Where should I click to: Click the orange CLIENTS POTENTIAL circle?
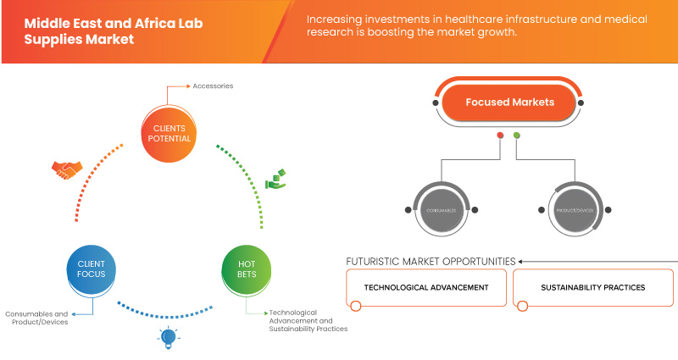click(x=168, y=133)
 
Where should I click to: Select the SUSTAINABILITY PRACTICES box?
click(x=592, y=287)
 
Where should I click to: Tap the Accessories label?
click(x=213, y=86)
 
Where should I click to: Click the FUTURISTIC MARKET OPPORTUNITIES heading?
click(x=431, y=261)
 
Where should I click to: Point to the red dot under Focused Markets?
click(x=501, y=136)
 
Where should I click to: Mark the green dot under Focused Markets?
click(x=517, y=136)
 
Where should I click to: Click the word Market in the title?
click(x=111, y=40)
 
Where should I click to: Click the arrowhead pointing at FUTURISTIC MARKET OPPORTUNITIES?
click(x=521, y=261)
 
